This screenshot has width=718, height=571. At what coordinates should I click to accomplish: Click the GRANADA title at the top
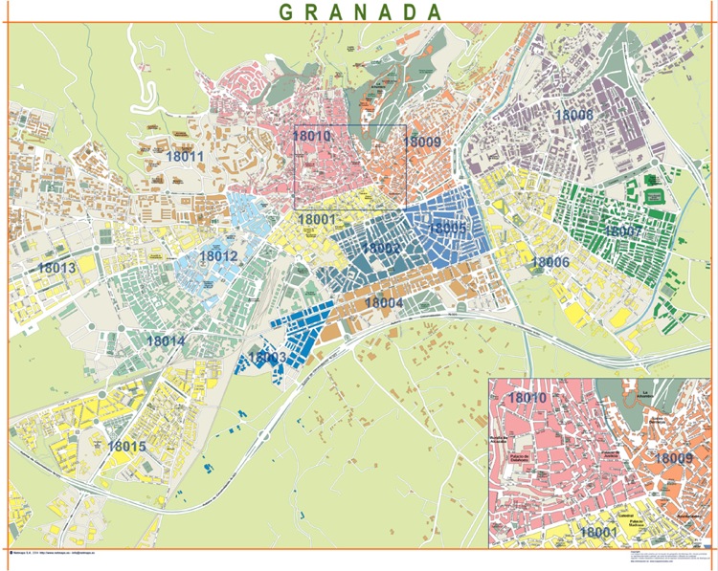pyautogui.click(x=361, y=11)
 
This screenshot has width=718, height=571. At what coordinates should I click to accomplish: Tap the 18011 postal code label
pyautogui.click(x=185, y=156)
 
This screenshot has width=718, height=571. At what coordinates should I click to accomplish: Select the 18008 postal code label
pyautogui.click(x=574, y=115)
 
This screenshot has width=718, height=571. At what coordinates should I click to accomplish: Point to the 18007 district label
pyautogui.click(x=623, y=231)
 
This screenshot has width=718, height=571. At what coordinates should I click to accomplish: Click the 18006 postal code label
pyautogui.click(x=550, y=261)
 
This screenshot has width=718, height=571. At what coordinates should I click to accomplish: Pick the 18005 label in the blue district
pyautogui.click(x=447, y=228)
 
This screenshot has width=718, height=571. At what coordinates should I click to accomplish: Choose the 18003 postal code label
pyautogui.click(x=267, y=357)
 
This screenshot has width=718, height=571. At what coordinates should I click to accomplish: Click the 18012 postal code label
pyautogui.click(x=218, y=255)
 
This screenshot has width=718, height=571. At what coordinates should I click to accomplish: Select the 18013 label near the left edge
pyautogui.click(x=56, y=269)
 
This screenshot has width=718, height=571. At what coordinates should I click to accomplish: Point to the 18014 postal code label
pyautogui.click(x=166, y=340)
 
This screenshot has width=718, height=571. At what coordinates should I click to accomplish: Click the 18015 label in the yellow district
pyautogui.click(x=126, y=446)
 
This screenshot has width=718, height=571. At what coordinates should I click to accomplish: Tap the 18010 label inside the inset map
pyautogui.click(x=527, y=397)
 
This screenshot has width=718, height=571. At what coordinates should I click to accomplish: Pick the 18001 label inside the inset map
pyautogui.click(x=599, y=532)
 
